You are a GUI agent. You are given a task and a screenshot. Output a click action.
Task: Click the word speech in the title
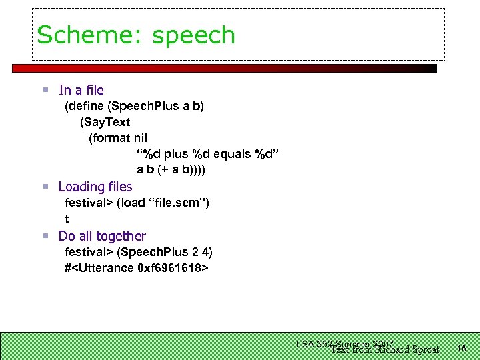point(194,36)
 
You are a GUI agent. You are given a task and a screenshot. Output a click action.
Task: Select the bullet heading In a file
point(81,90)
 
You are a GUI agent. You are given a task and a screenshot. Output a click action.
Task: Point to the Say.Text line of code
point(105,123)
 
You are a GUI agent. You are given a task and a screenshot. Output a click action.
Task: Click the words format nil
point(118,139)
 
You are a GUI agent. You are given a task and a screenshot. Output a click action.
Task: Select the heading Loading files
point(95,187)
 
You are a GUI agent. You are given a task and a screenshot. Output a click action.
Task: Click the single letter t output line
point(67,219)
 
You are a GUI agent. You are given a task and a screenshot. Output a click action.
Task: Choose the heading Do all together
point(102,236)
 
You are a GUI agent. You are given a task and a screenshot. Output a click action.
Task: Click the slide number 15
point(462,348)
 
